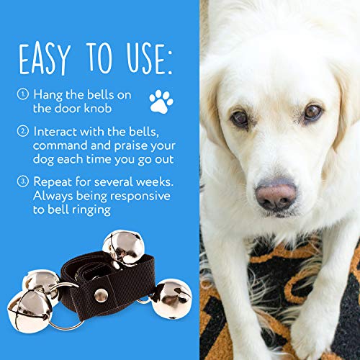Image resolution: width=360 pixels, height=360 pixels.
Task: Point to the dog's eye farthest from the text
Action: coord(312,112)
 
